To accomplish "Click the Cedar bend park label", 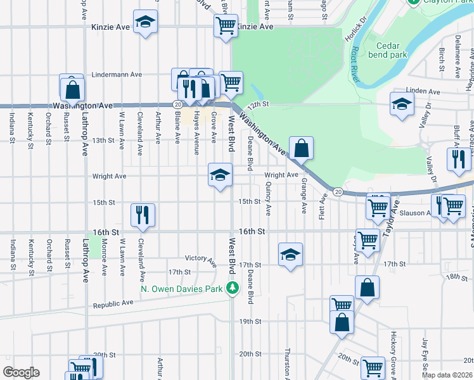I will coord(392,50).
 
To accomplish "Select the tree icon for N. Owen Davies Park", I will coord(233,288).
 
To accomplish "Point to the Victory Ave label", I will coord(201,258).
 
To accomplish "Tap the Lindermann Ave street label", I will coord(117,75).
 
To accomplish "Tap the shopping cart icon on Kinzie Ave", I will coord(225,26).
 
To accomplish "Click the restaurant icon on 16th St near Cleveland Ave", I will coord(143,214).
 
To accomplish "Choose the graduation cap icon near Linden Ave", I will coord(401,104).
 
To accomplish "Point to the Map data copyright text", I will coord(447,375).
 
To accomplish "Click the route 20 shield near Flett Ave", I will coord(338,192).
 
